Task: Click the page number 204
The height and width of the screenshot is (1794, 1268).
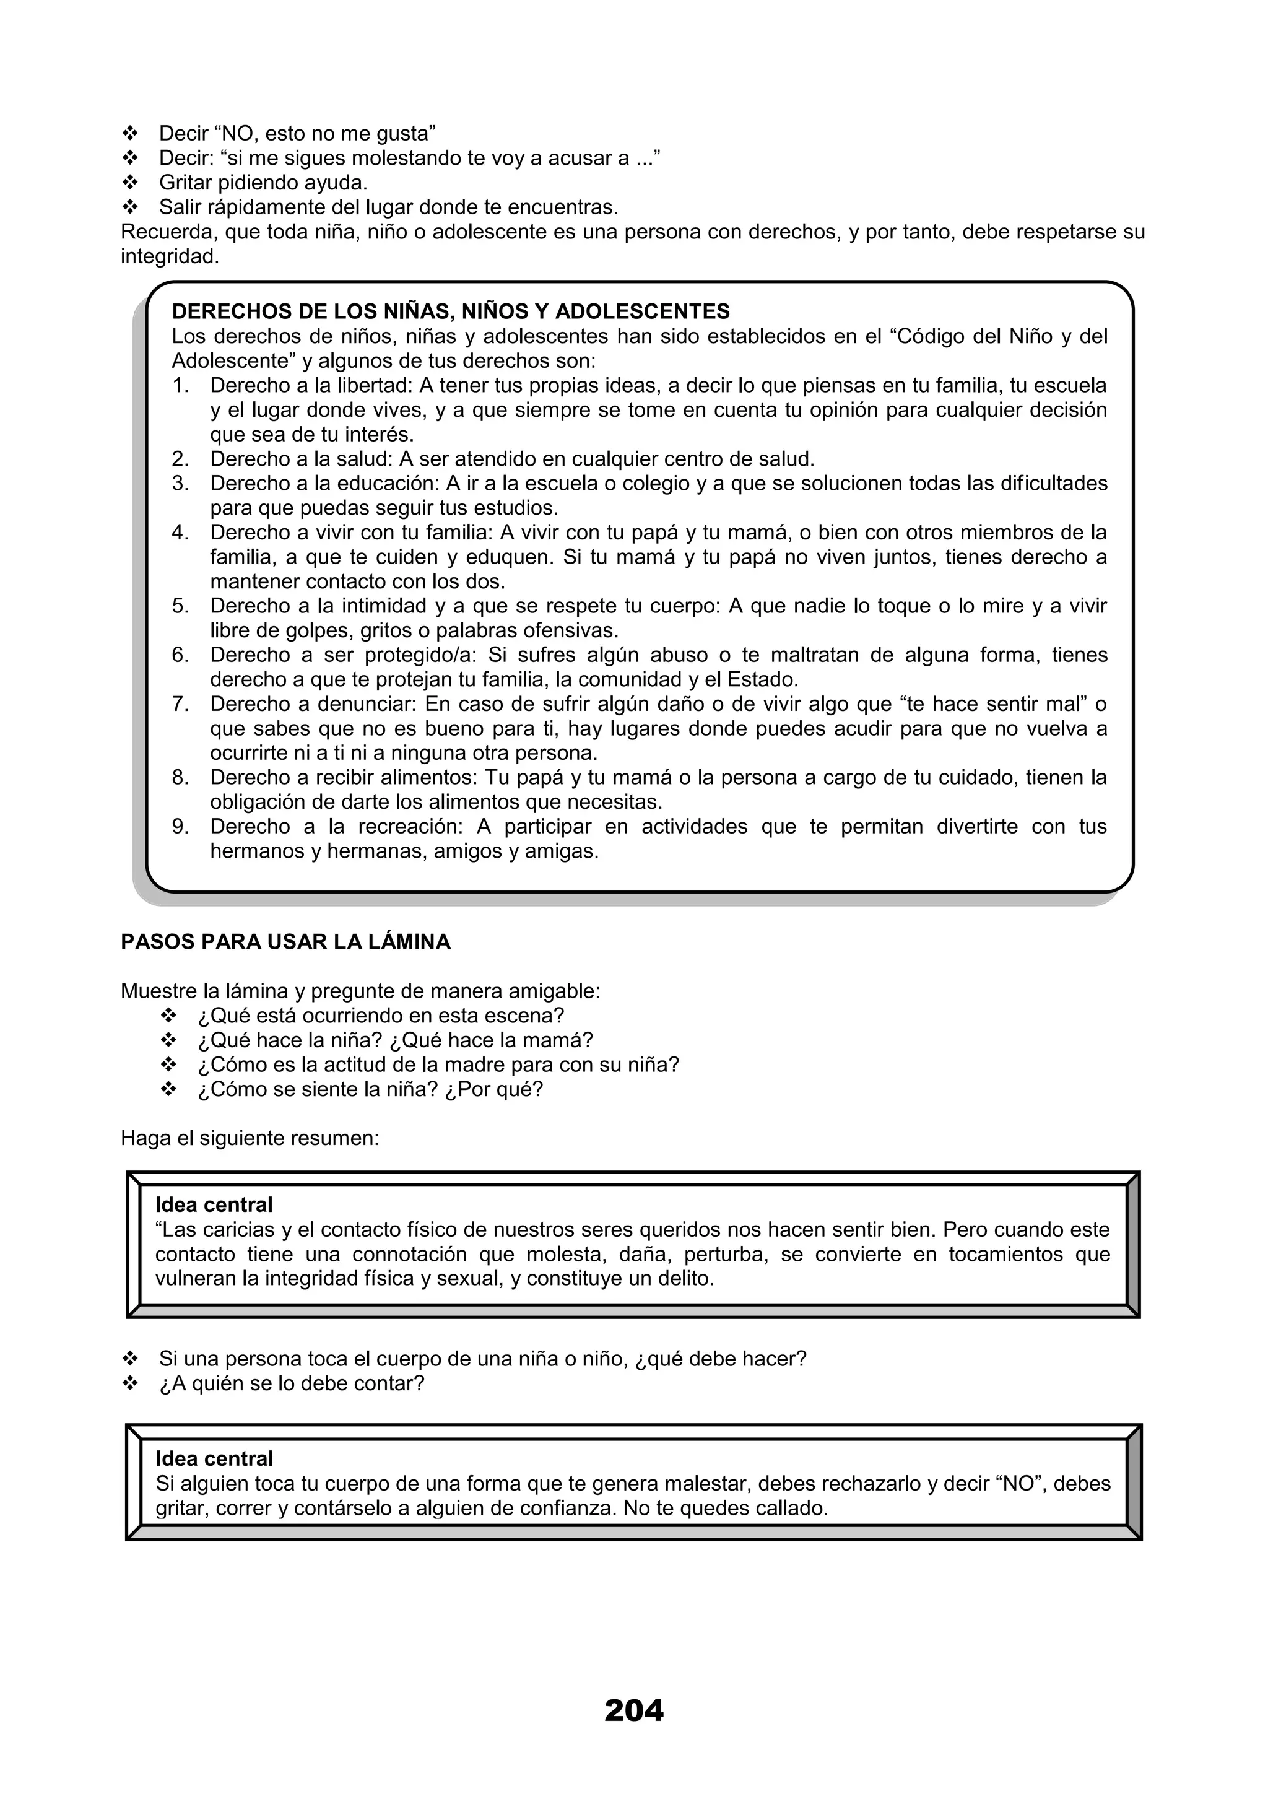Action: point(633,1710)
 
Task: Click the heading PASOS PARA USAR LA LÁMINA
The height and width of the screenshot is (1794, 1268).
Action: point(285,941)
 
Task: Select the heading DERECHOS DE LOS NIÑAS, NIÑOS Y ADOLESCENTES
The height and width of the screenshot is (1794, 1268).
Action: point(450,311)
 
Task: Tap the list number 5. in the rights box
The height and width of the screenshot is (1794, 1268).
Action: point(180,606)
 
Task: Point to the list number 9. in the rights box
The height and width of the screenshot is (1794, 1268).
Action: point(180,826)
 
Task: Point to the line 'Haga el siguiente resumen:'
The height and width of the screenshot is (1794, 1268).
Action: point(250,1138)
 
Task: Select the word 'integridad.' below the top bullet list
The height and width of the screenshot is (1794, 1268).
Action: point(170,256)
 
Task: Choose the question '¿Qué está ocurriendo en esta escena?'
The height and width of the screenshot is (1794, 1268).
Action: point(381,1015)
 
